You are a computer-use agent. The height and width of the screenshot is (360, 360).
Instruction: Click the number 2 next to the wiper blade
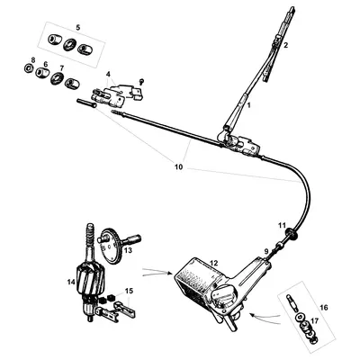coord(285,44)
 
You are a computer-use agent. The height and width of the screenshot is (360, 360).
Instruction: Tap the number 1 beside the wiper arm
coord(249,106)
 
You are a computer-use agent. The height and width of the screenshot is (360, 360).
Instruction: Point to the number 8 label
coord(33,60)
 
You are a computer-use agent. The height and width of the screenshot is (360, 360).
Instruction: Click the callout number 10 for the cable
coord(178,166)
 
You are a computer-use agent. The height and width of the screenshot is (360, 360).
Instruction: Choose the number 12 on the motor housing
coord(213,263)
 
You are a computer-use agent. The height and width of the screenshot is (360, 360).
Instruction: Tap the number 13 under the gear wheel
coord(129,252)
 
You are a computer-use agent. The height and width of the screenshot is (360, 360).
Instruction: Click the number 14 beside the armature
coord(68,282)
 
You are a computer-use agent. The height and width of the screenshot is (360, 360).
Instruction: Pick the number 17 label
coord(314,319)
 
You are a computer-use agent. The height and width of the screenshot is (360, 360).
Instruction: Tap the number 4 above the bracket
coord(109,73)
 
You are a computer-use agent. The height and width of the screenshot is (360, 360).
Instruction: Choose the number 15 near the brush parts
coord(130,291)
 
